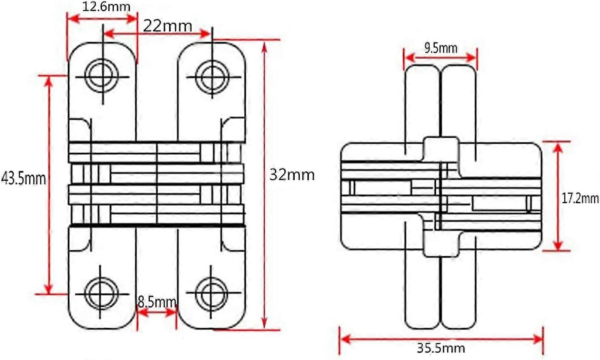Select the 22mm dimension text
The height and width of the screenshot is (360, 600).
[167, 26]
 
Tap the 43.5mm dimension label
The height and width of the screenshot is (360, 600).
[23, 178]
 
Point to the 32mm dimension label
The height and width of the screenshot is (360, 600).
[292, 174]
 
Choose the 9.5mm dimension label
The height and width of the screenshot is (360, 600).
[441, 48]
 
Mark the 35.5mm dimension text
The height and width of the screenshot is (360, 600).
[441, 349]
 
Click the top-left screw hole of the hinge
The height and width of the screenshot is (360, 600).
[102, 77]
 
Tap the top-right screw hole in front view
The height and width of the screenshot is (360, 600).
[211, 77]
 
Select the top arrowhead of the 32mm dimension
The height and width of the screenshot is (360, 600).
[265, 46]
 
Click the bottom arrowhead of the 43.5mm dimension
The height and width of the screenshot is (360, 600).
[49, 289]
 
